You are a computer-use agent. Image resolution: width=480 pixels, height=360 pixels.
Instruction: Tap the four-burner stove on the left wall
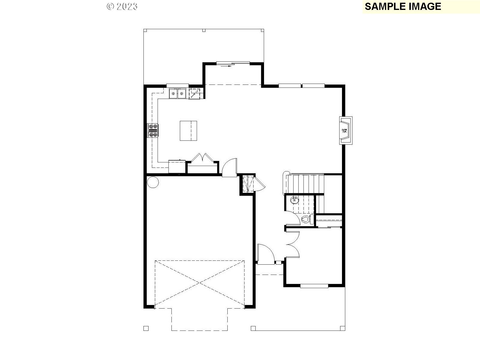click(153, 131)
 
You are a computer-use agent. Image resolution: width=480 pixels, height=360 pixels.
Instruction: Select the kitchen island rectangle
click(189, 131)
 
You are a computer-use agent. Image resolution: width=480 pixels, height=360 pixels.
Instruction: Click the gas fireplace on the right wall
click(345, 131)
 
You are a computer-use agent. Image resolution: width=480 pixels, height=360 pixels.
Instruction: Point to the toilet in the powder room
click(305, 219)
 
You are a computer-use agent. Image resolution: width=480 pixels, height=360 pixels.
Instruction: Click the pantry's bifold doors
click(202, 158)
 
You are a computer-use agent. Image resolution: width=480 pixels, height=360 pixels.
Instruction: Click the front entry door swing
click(265, 254)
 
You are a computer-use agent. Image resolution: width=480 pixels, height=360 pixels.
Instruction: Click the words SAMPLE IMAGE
click(403, 6)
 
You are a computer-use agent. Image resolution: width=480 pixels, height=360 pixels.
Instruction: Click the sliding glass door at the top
click(233, 63)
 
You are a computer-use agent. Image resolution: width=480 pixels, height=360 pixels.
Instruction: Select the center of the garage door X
click(200, 283)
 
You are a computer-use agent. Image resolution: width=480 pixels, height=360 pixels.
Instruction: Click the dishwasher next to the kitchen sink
click(194, 94)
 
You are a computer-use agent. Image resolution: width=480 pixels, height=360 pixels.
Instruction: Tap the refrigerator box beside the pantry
click(177, 167)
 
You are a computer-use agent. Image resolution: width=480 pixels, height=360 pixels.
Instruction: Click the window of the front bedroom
click(314, 286)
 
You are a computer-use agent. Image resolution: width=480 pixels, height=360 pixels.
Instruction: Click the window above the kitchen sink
click(177, 85)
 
